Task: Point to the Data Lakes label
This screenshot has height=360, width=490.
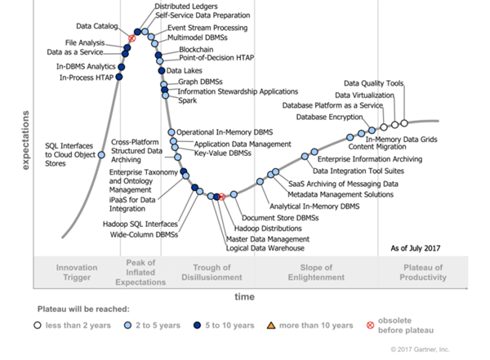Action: [185, 70]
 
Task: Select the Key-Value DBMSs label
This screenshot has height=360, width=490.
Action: [222, 153]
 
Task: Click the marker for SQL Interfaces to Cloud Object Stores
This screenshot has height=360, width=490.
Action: [101, 154]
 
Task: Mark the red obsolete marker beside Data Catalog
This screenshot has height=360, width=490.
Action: [131, 38]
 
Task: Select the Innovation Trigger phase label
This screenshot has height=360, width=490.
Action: [77, 272]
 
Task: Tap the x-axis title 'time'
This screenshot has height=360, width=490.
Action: [246, 294]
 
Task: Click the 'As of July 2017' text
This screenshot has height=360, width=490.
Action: [416, 248]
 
